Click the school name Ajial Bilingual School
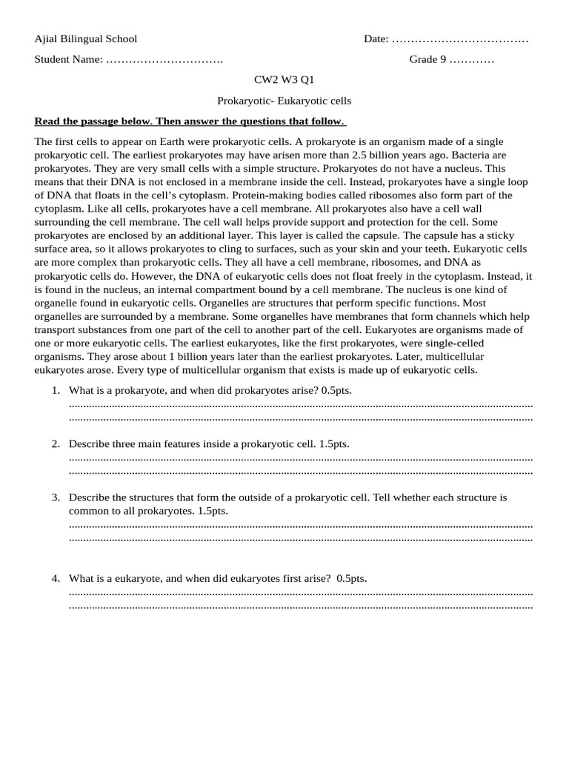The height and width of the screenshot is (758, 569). point(86,38)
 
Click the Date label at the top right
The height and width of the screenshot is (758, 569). point(376,38)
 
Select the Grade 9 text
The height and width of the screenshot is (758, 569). point(427,59)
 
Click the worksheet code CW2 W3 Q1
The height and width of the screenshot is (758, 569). point(284,80)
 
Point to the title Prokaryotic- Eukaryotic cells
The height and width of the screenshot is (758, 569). point(284,101)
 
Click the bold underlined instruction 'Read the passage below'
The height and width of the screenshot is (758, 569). point(190,121)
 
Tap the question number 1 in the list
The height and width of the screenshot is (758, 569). point(55,390)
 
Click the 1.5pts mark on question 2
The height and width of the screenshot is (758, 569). point(333,443)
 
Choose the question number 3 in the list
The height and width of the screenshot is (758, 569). point(55,497)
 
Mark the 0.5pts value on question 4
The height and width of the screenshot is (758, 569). point(351,578)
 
